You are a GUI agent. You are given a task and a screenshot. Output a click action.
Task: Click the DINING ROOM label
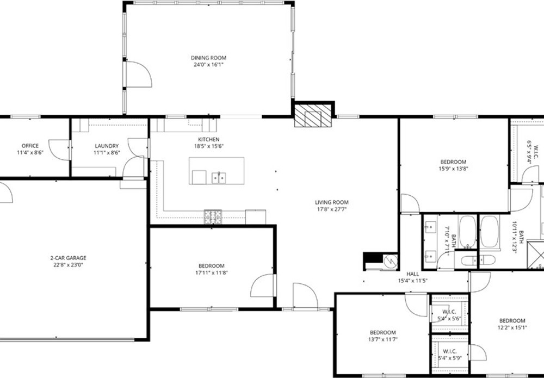click(x=208, y=58)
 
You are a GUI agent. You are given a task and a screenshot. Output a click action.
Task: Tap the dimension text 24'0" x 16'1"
click(x=208, y=65)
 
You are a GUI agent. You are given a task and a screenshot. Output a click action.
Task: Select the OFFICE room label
click(x=30, y=146)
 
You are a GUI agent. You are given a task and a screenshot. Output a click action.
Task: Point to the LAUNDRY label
click(x=107, y=146)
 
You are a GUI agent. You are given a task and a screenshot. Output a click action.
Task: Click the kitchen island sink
click(x=219, y=177)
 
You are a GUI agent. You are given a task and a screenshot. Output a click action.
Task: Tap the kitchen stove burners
click(x=213, y=217)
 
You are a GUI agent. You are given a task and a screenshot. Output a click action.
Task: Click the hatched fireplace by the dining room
click(x=313, y=115)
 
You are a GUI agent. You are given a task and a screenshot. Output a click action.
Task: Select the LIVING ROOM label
click(x=332, y=202)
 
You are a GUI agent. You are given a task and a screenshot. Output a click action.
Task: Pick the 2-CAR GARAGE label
click(x=69, y=258)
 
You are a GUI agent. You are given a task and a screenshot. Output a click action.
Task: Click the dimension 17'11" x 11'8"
click(x=212, y=272)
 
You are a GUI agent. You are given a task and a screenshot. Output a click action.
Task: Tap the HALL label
click(x=413, y=274)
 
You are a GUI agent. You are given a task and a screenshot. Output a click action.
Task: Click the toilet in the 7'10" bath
click(x=467, y=259)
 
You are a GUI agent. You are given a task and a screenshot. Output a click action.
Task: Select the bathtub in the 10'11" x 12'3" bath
click(x=490, y=231)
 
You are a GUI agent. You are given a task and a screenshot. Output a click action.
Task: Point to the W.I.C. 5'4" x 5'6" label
click(x=449, y=315)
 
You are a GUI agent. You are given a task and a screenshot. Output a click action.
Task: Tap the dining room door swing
click(x=139, y=74)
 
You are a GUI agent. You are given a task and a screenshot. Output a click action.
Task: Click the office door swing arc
click(x=59, y=150)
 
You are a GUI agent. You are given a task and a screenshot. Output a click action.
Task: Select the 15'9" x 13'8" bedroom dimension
click(x=454, y=169)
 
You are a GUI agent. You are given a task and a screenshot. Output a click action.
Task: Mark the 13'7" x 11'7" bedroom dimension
click(x=382, y=339)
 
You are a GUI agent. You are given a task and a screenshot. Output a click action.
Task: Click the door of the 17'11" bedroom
click(x=263, y=286)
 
